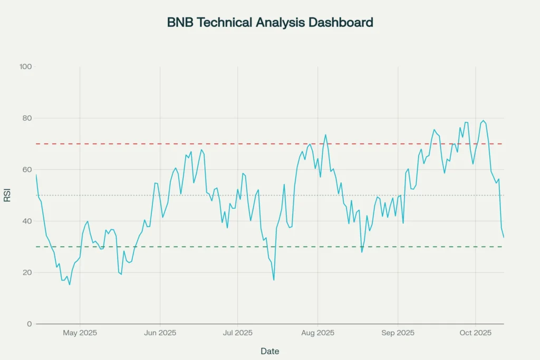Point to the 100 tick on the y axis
pyautogui.click(x=26, y=67)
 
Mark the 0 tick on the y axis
pyautogui.click(x=30, y=324)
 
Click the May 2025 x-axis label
pyautogui.click(x=80, y=333)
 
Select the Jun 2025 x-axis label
pyautogui.click(x=160, y=333)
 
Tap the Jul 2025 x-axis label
pyautogui.click(x=237, y=333)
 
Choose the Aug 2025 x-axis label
pyautogui.click(x=317, y=333)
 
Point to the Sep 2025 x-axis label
pyautogui.click(x=398, y=333)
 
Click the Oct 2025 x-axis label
pyautogui.click(x=475, y=333)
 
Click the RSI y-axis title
pyautogui.click(x=7, y=196)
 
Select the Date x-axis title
pyautogui.click(x=270, y=351)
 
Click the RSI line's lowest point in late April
pyautogui.click(x=70, y=285)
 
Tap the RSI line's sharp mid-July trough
pyautogui.click(x=274, y=280)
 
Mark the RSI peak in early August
pyautogui.click(x=325, y=135)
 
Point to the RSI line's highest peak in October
pyautogui.click(x=483, y=121)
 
